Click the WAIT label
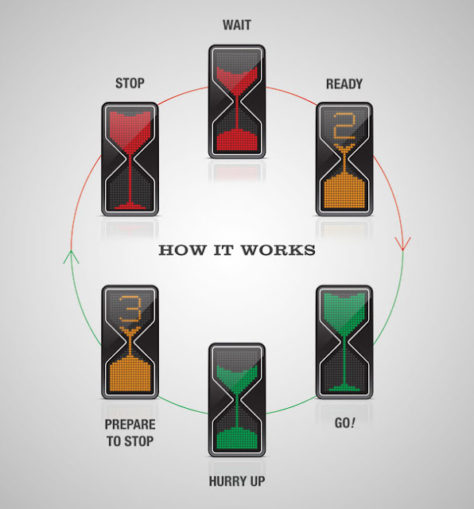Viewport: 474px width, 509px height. click(237, 25)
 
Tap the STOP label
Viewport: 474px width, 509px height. click(130, 84)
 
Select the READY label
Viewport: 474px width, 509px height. click(344, 84)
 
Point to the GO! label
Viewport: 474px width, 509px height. click(345, 423)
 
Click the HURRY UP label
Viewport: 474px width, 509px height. click(237, 481)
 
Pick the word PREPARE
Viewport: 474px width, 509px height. click(130, 425)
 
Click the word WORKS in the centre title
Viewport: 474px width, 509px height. click(278, 251)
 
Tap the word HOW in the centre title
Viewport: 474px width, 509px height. click(182, 251)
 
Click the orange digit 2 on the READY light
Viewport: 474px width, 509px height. click(344, 126)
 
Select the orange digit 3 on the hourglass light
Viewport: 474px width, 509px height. click(130, 309)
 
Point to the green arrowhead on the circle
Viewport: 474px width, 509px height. click(71, 257)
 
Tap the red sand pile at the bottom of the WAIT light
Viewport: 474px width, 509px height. click(237, 140)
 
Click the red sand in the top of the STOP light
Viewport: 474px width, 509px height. click(130, 130)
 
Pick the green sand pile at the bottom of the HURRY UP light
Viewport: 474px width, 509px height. click(237, 439)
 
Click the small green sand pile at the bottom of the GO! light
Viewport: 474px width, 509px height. click(344, 387)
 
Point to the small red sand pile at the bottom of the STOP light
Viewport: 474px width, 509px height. click(130, 206)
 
